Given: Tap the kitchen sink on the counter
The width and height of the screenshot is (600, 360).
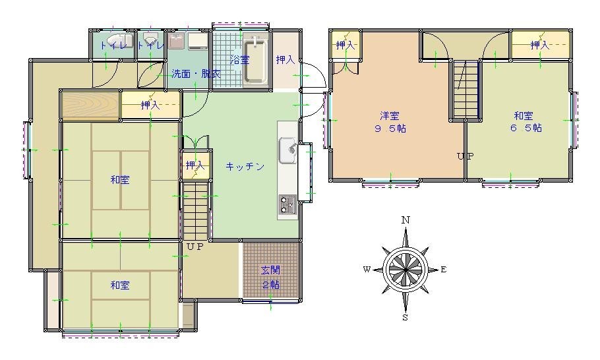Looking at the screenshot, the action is point(287,150).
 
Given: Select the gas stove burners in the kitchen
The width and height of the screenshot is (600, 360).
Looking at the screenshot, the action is point(287,204).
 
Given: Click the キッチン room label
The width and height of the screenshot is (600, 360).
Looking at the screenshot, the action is point(245,166).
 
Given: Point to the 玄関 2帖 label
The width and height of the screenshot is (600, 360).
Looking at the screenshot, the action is point(270,277).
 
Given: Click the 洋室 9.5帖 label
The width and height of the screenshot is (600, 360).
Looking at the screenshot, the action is point(390,122).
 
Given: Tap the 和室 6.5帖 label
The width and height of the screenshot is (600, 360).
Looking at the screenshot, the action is point(525,122).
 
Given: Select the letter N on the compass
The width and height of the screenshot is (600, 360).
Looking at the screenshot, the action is point(405,220).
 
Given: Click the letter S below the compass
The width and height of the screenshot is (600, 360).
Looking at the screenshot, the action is point(405,318).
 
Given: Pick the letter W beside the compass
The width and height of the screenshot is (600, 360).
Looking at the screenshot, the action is point(367,270).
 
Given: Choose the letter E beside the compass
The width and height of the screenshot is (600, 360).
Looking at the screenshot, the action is point(444,270).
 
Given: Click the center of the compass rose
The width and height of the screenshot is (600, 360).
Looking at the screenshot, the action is point(405,270).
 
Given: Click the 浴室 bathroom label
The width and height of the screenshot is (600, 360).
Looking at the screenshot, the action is point(240,60).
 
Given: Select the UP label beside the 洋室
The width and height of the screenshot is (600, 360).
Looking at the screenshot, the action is point(465,156).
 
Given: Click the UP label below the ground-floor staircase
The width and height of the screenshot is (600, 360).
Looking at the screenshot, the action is point(195,247).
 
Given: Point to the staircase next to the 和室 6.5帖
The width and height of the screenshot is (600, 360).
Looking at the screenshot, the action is point(466,90).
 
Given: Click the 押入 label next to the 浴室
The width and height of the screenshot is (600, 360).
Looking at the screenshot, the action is point(285,60).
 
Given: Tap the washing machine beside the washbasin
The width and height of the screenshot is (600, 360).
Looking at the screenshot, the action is point(197,42).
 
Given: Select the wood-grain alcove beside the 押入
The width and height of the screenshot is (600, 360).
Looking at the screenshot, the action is point(92,105).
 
